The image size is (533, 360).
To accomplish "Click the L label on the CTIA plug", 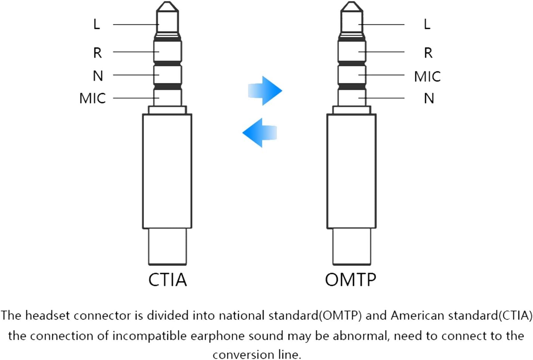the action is pos(96,24).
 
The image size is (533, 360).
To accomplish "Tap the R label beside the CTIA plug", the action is pos(97,53).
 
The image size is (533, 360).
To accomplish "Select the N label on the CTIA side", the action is pos(98,76).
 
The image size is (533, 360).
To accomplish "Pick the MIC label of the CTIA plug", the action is pos(92,98).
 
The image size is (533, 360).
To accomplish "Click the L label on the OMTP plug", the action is pos(427,24).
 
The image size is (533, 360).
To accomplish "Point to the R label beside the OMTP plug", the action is pos(428,53).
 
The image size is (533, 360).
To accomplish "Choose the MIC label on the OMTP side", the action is pos(427,76).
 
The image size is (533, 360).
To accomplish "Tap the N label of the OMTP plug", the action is pos(429,98).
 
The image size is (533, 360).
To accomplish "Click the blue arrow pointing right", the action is pos(265,91).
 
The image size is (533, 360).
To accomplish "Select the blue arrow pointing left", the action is pos(259,132).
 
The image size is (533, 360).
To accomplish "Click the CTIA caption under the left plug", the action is pos(167,280).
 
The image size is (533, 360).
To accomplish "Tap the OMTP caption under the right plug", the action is pos(350,280).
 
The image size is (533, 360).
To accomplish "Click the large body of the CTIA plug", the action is pos(167,171).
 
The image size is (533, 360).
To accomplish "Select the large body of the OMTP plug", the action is pos(351,171).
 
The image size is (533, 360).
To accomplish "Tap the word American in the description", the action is pos(414,316).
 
